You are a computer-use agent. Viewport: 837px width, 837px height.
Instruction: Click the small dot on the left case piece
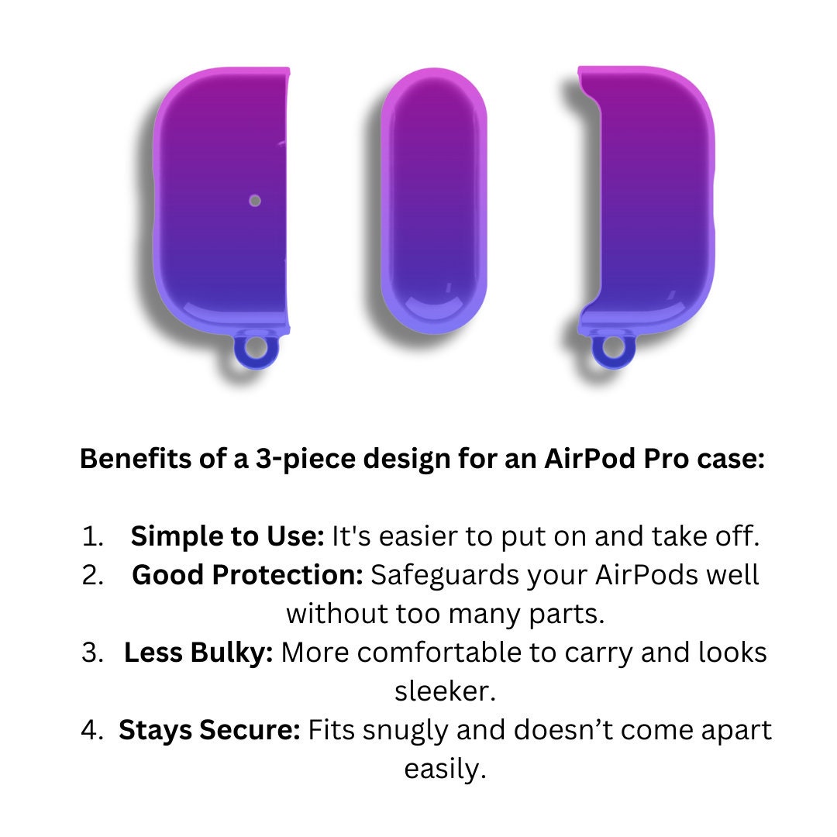point(255,201)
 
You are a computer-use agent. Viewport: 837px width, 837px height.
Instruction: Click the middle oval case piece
point(433,201)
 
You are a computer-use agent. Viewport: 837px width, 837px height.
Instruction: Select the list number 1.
point(92,536)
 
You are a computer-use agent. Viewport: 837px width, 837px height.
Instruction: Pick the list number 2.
point(92,575)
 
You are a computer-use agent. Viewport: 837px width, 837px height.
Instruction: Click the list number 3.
point(92,653)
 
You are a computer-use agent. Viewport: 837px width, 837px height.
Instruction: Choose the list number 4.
point(91,730)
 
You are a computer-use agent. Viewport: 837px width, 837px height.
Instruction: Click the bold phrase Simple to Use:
point(227,536)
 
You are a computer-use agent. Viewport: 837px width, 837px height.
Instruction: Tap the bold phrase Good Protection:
point(248,575)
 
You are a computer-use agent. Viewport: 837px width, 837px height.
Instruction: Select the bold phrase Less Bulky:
point(198,653)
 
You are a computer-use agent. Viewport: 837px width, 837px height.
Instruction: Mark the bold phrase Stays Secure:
point(210,730)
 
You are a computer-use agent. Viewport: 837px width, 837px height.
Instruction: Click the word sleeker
point(445,691)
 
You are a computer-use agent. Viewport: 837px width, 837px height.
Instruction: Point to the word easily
point(445,770)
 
